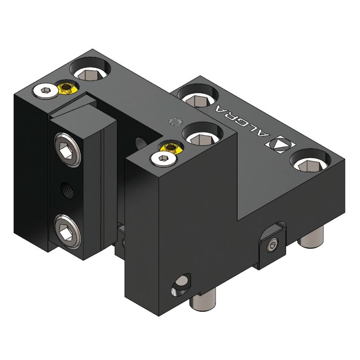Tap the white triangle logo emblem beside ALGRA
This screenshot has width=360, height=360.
click(283, 144)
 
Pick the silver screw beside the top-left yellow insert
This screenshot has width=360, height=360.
click(44, 90)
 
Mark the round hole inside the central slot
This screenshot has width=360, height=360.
click(140, 142)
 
